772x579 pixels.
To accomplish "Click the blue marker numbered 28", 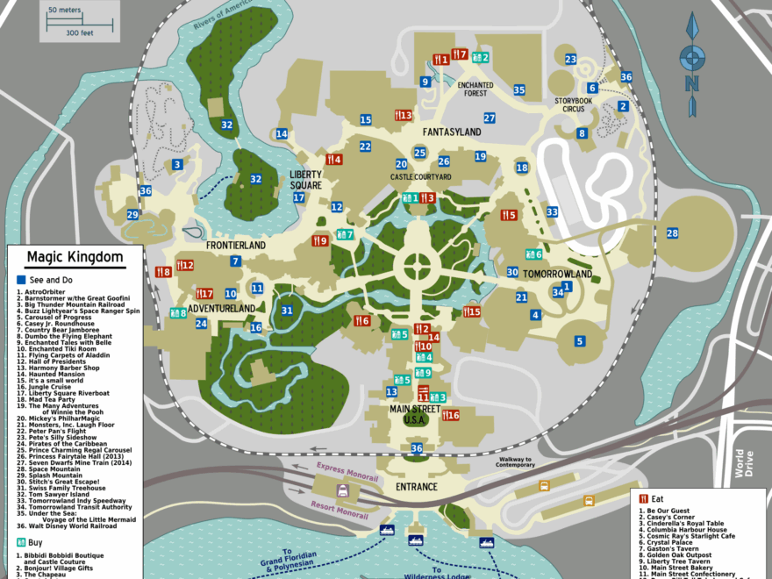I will pyautogui.click(x=672, y=233).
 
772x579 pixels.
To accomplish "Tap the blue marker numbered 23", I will pyautogui.click(x=570, y=60).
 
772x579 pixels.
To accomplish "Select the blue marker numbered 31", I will pyautogui.click(x=287, y=311).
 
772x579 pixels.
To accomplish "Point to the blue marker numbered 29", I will pyautogui.click(x=132, y=215).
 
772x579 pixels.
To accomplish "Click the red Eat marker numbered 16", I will pyautogui.click(x=450, y=415).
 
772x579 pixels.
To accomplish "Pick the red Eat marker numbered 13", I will pyautogui.click(x=402, y=115).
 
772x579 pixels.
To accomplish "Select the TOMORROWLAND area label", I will pyautogui.click(x=557, y=275).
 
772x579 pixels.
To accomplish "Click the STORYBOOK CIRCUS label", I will pyautogui.click(x=581, y=104).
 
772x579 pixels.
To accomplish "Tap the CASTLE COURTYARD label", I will pyautogui.click(x=421, y=177).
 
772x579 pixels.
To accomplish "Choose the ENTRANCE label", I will pyautogui.click(x=417, y=486).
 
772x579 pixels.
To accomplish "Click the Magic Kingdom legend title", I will pyautogui.click(x=75, y=257).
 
